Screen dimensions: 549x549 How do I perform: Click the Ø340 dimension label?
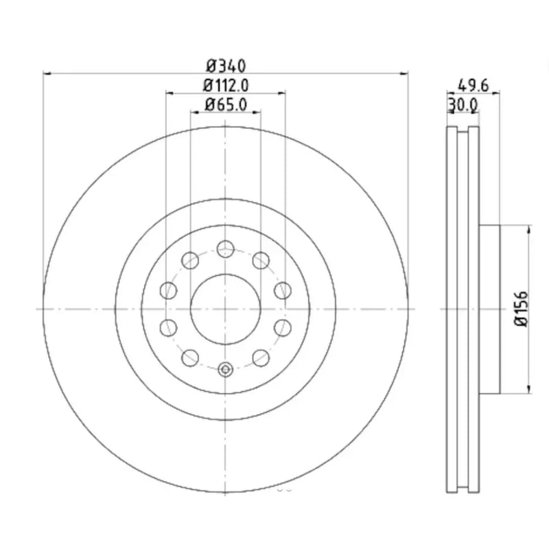point(226,66)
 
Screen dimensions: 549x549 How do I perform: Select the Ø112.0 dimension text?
point(226,85)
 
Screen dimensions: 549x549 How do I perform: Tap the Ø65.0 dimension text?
point(226,105)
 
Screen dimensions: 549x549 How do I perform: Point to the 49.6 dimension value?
point(474,85)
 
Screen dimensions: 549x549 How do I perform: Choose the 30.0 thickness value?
point(463,105)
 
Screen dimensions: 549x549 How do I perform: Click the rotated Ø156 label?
point(521,309)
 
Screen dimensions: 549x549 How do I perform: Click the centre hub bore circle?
point(226,309)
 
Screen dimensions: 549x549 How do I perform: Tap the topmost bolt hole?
point(226,249)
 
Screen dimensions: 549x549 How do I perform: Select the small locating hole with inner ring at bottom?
point(226,369)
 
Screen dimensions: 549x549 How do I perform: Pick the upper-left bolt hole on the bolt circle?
point(190,261)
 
